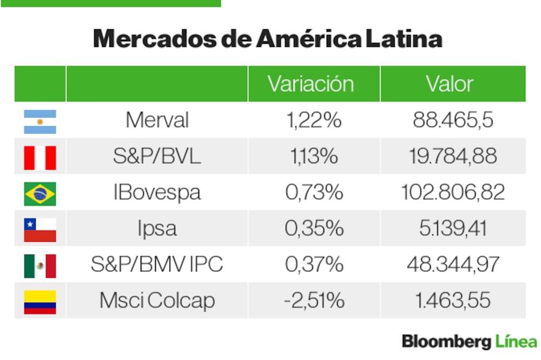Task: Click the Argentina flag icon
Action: pos(39,121)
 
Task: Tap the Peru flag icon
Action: pos(39,157)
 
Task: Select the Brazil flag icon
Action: pos(39,194)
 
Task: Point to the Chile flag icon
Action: pos(39,229)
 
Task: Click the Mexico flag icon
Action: pos(39,265)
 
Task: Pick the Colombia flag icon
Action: pos(39,302)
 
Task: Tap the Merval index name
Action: pos(157,120)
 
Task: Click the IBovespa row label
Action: pos(157,192)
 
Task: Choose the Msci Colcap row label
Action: pos(157,301)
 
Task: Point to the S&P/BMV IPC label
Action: pos(156,264)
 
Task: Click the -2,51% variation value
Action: pos(314,301)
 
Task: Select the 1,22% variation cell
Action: pos(314,120)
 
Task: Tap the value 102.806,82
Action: pos(453,192)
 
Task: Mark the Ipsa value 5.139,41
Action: pos(453,228)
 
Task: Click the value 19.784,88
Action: pos(453,156)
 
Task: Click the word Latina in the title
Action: pos(404,39)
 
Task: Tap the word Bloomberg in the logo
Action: pos(446,342)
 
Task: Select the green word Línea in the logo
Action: pos(516,342)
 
